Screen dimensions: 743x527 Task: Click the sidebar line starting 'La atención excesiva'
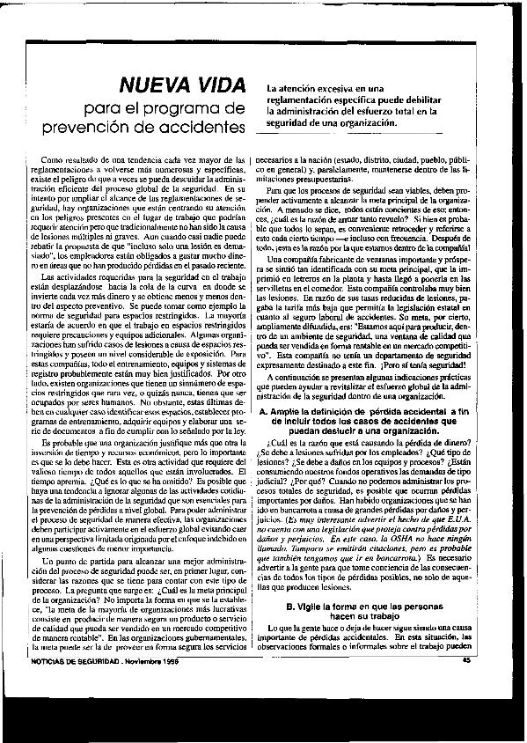coord(326,90)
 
